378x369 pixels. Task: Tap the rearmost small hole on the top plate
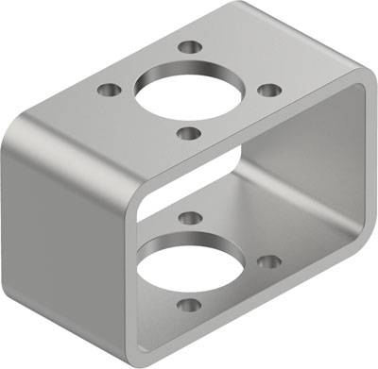(x=190, y=45)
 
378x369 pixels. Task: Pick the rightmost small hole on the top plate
(x=269, y=91)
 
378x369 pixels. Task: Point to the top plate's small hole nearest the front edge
(x=190, y=133)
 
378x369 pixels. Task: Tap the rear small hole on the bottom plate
(x=190, y=218)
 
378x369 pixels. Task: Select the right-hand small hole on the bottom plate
(x=269, y=261)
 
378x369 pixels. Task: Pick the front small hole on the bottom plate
(x=189, y=306)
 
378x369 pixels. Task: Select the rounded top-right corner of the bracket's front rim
(x=357, y=90)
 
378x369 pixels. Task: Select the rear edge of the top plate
(x=283, y=19)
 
